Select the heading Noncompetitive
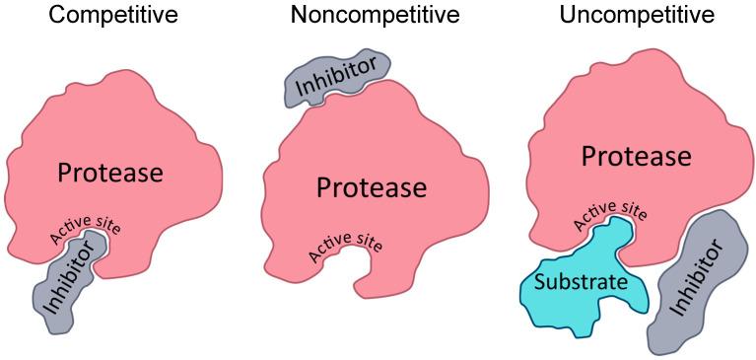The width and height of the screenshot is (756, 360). pyautogui.click(x=375, y=16)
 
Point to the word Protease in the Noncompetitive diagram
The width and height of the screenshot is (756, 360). pyautogui.click(x=371, y=186)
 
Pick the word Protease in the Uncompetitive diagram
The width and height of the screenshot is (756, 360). pyautogui.click(x=636, y=156)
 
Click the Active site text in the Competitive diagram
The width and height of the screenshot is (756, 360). pyautogui.click(x=87, y=229)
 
